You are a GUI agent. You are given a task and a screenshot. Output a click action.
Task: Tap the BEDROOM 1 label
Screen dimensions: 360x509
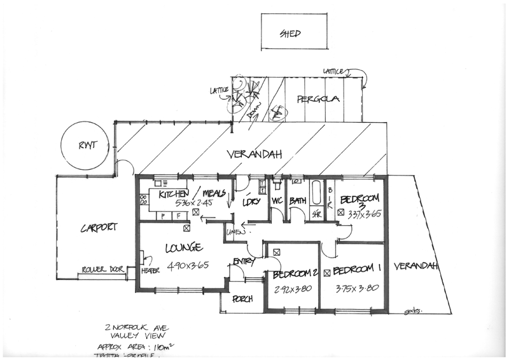click(x=357, y=270)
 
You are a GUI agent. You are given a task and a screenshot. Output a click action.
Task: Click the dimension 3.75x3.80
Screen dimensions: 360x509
click(x=358, y=287)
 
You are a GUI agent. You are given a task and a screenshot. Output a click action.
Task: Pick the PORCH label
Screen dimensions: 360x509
click(x=242, y=298)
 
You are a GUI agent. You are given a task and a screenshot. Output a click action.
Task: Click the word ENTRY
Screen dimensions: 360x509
click(x=244, y=261)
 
